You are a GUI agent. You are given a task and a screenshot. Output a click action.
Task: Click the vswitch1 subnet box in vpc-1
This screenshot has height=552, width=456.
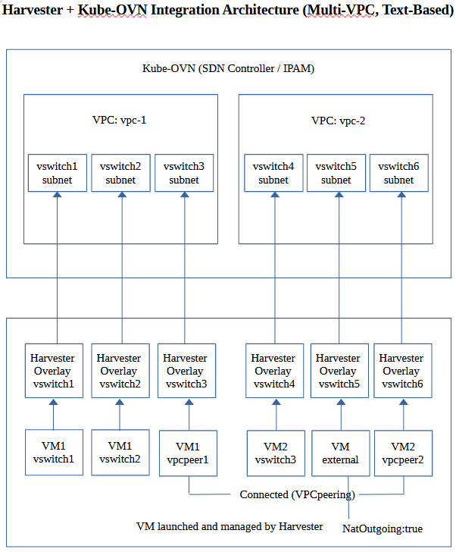pos(57,173)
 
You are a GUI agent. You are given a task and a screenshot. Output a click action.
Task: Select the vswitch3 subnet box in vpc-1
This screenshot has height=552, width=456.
pos(184,173)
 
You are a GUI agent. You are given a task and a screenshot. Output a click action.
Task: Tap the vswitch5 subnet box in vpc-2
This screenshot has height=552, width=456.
pos(336,173)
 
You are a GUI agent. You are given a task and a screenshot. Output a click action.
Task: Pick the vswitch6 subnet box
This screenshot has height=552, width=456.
pos(398,173)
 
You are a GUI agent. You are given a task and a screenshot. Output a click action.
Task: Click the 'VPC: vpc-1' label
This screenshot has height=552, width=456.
pos(114,120)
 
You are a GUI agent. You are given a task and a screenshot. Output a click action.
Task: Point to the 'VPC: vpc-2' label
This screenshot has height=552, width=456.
pos(339,121)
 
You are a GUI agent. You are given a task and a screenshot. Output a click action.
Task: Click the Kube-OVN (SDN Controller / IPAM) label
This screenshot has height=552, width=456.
pos(228,68)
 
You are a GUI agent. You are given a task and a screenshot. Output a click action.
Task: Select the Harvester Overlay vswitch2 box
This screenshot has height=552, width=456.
pos(120,371)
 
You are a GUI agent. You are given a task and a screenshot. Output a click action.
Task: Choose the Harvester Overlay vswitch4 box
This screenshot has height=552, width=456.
pos(273,371)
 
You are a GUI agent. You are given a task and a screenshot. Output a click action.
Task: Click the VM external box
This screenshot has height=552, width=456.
pos(340,453)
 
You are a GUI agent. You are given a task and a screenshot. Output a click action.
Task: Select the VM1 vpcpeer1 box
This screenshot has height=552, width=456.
pos(188,453)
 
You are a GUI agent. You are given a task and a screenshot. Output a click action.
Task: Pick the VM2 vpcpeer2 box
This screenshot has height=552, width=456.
pos(403,453)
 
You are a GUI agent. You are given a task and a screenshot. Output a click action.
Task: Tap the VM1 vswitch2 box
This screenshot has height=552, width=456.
pos(120,452)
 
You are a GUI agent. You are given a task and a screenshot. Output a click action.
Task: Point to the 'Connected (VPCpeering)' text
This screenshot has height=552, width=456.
pos(296,494)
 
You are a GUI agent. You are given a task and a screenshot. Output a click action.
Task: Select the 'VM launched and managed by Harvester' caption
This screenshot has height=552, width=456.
pos(230,526)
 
